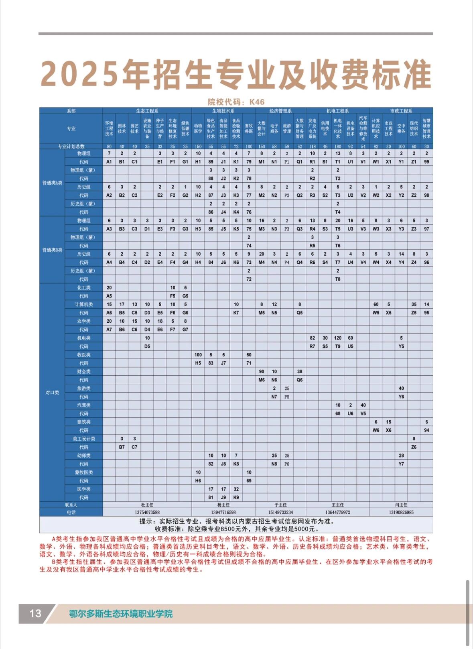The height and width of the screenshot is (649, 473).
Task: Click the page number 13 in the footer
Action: coord(35,613)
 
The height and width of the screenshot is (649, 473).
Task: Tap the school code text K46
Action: coord(257,102)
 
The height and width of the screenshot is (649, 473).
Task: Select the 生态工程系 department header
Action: coord(147,111)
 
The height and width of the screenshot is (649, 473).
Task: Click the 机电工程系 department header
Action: coord(337,111)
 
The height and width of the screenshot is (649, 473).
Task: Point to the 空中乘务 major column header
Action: coord(401,128)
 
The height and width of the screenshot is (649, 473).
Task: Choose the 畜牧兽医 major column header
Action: coord(249,128)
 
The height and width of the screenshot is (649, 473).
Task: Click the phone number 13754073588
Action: coord(147,512)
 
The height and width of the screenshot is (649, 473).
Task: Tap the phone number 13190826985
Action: coord(401,512)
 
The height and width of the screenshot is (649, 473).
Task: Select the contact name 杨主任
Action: coord(223,505)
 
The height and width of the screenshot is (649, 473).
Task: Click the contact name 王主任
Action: coord(337,505)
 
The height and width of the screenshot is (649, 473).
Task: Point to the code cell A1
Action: coord(109,162)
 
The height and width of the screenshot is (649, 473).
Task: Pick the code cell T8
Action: coord(338,279)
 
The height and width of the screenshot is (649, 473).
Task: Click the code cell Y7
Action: coord(401,464)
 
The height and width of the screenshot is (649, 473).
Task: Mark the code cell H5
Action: coord(198,363)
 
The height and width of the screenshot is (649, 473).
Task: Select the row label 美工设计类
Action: coord(84,439)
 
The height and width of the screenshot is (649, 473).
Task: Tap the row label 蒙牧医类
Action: coord(84,472)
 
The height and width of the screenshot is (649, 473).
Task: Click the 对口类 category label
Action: coord(52,393)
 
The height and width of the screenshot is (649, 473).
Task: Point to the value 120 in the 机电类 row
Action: coord(338,338)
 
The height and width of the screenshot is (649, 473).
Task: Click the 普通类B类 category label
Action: coord(52,250)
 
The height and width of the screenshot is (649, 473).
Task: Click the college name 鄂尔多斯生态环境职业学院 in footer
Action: coord(121,614)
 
